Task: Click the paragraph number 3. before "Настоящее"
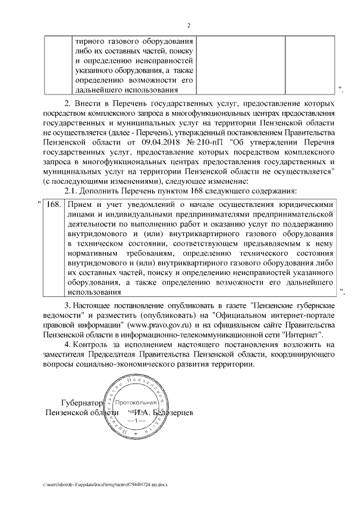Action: [x=68, y=305]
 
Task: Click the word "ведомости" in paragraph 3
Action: [x=61, y=316]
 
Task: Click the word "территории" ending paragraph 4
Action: [x=235, y=364]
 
